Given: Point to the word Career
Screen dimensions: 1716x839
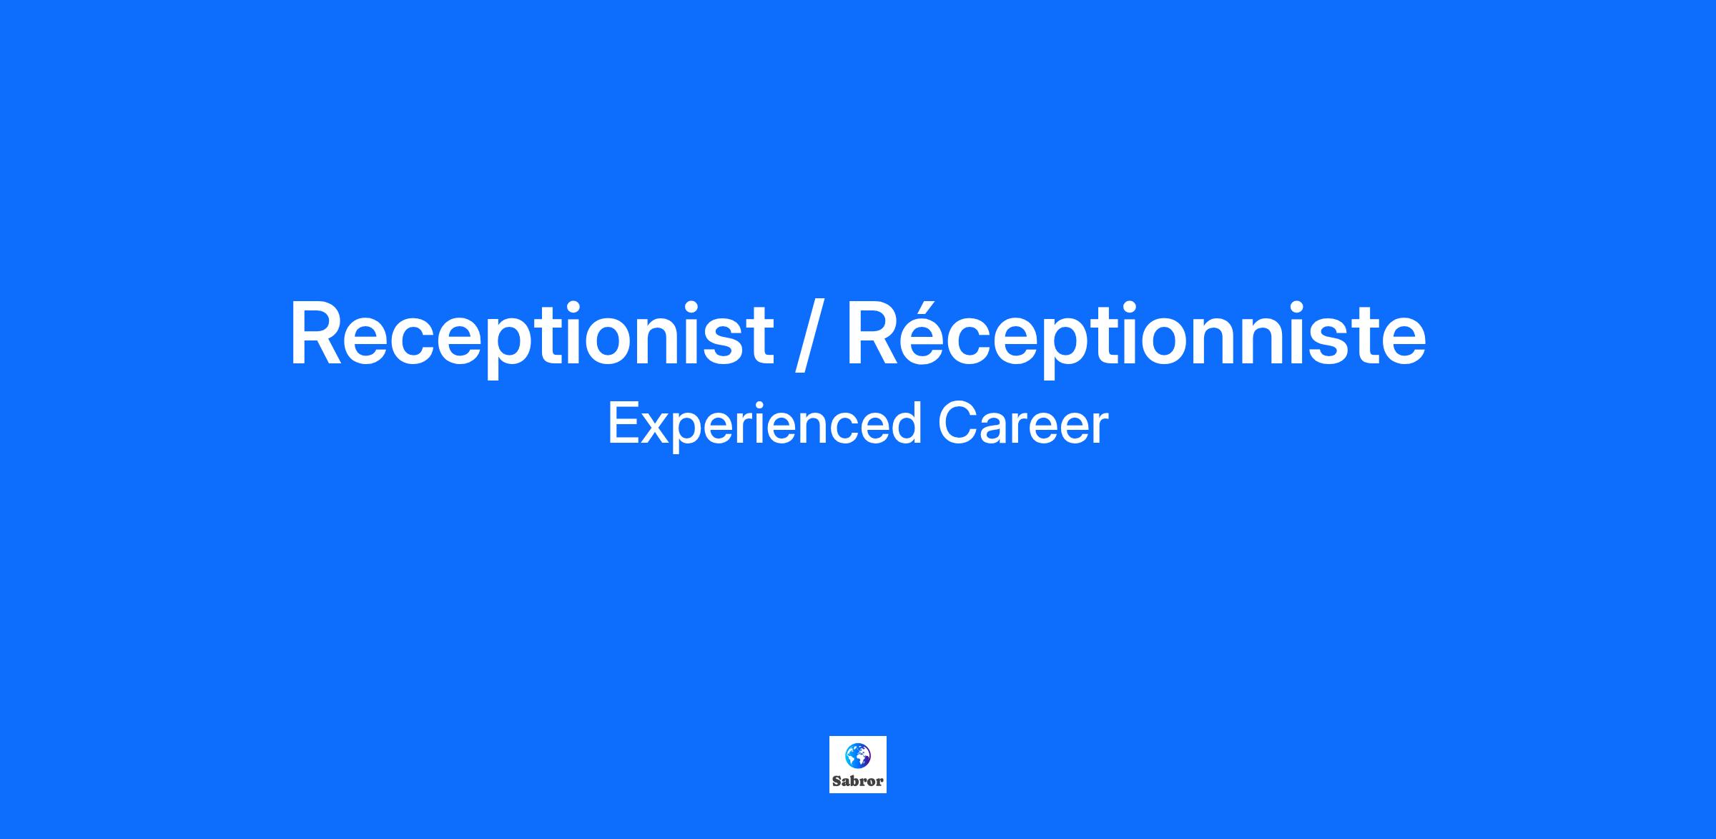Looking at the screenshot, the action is (1023, 423).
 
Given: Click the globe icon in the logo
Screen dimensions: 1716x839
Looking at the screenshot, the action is (857, 755).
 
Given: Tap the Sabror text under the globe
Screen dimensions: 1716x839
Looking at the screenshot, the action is (858, 781).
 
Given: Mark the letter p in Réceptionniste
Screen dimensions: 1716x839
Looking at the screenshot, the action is (1069, 348).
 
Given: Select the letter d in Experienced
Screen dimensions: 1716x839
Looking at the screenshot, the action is (906, 423).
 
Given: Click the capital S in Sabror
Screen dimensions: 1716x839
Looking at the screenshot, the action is (837, 781).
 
